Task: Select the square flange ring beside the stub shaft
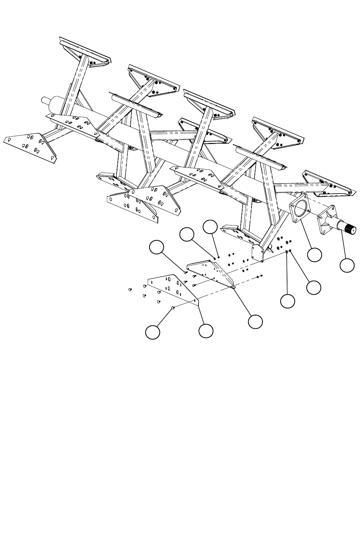(300, 208)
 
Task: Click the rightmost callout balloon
(347, 265)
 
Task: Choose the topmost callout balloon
(211, 227)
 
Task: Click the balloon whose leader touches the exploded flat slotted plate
(206, 331)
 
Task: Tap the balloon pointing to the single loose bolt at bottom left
(152, 332)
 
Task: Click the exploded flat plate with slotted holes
(172, 289)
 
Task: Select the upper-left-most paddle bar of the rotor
(84, 50)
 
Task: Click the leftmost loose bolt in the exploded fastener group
(130, 289)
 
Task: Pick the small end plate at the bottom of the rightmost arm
(258, 253)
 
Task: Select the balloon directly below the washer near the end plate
(288, 301)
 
